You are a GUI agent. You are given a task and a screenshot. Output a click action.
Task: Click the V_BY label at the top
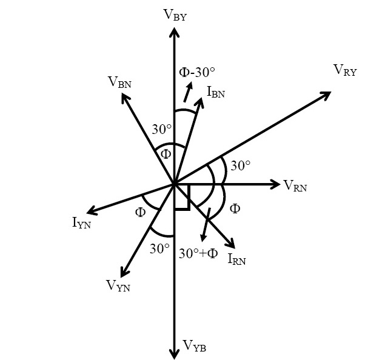point(175,15)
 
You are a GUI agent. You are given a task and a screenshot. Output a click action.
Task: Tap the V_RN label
point(295,186)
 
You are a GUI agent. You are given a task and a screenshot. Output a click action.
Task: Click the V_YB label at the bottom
point(195,345)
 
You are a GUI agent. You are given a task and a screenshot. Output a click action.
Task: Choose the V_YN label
point(118,285)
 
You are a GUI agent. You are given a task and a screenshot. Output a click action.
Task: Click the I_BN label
point(216,93)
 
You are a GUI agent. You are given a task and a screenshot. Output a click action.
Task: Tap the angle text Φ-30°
point(198,72)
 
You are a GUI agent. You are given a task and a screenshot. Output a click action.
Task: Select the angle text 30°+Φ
point(198,253)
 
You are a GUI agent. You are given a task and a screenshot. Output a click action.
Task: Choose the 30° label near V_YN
point(159,248)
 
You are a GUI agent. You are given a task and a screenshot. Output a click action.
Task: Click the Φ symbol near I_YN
point(140,212)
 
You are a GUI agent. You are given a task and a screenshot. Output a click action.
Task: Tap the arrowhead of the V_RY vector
point(326,94)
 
